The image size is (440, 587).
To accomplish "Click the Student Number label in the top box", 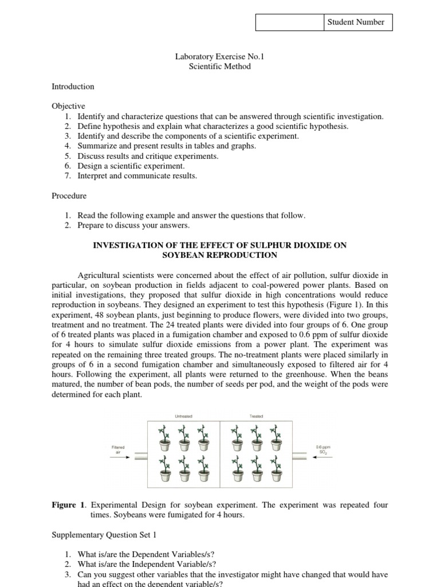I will [x=356, y=22].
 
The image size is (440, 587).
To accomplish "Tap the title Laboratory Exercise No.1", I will [x=220, y=57].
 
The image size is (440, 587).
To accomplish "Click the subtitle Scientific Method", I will [x=220, y=66].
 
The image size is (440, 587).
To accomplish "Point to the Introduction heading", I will [x=73, y=87].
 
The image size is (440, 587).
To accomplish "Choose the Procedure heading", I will [x=69, y=195].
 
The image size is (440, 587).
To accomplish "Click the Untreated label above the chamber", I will [x=183, y=416].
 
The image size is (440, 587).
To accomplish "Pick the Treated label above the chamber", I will [x=256, y=416].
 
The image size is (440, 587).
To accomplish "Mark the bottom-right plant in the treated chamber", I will [x=275, y=469].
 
